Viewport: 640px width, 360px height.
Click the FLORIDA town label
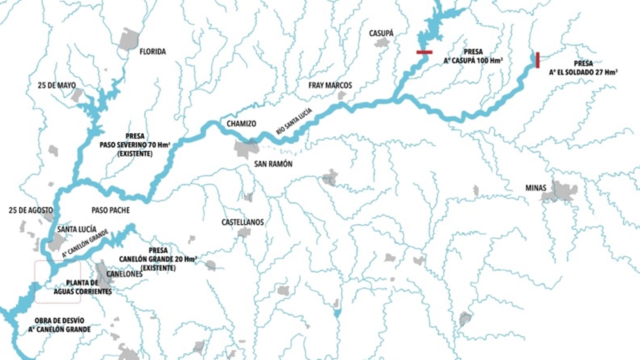pyautogui.click(x=153, y=52)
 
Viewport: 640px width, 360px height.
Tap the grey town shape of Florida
pyautogui.click(x=129, y=39)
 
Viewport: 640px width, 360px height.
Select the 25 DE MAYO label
pyautogui.click(x=57, y=84)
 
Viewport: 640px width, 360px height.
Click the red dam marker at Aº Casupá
pyautogui.click(x=425, y=52)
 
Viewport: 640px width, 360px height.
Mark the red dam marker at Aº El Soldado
pyautogui.click(x=537, y=60)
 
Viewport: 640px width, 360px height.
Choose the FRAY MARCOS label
pyautogui.click(x=330, y=85)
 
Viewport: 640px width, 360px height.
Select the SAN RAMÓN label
pyautogui.click(x=273, y=164)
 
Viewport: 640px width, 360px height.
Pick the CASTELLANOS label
pyautogui.click(x=242, y=222)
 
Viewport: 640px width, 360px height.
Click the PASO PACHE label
pyautogui.click(x=111, y=210)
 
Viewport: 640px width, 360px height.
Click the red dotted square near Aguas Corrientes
pyautogui.click(x=57, y=281)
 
